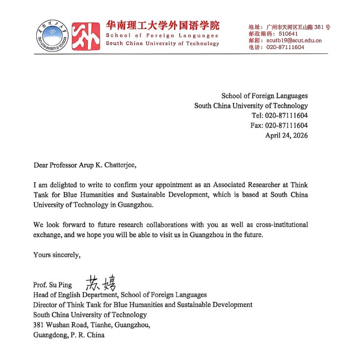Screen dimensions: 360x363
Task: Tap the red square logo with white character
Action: pyautogui.click(x=85, y=35)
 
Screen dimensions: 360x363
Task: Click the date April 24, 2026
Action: pyautogui.click(x=286, y=136)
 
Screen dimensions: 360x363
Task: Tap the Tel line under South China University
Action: pyautogui.click(x=280, y=115)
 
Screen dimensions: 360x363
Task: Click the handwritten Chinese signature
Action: pyautogui.click(x=101, y=282)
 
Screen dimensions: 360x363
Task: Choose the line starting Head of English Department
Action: pyautogui.click(x=120, y=295)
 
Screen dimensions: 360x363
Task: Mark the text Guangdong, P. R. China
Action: pyautogui.click(x=69, y=335)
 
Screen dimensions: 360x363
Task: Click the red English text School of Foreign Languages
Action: pyautogui.click(x=162, y=35)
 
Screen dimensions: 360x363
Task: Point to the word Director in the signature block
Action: pyautogui.click(x=45, y=305)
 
